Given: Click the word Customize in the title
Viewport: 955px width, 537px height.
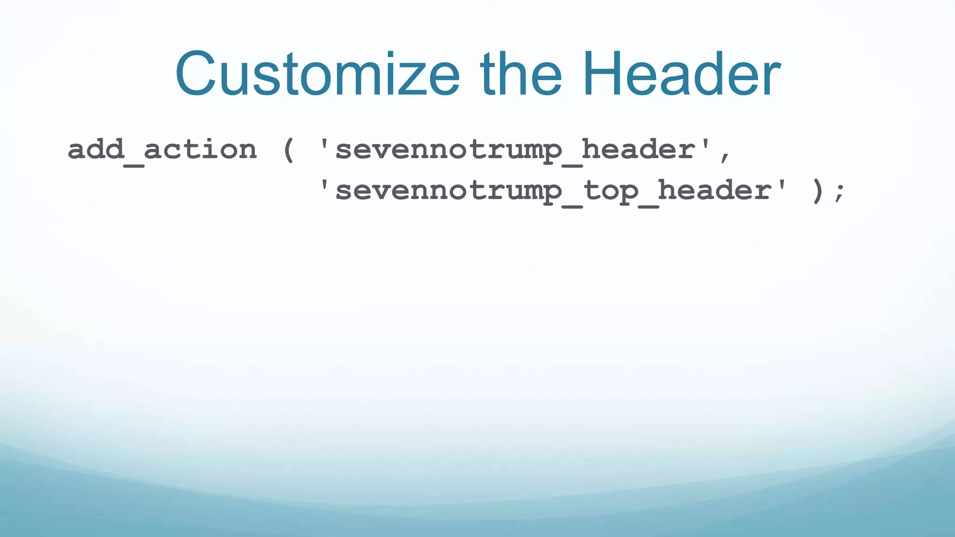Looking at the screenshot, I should (x=317, y=75).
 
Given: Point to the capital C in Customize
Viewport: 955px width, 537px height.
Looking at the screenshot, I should (x=196, y=75).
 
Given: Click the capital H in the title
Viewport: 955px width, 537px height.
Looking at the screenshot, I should (x=602, y=75).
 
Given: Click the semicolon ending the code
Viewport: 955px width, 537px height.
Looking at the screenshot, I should (x=839, y=192).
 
